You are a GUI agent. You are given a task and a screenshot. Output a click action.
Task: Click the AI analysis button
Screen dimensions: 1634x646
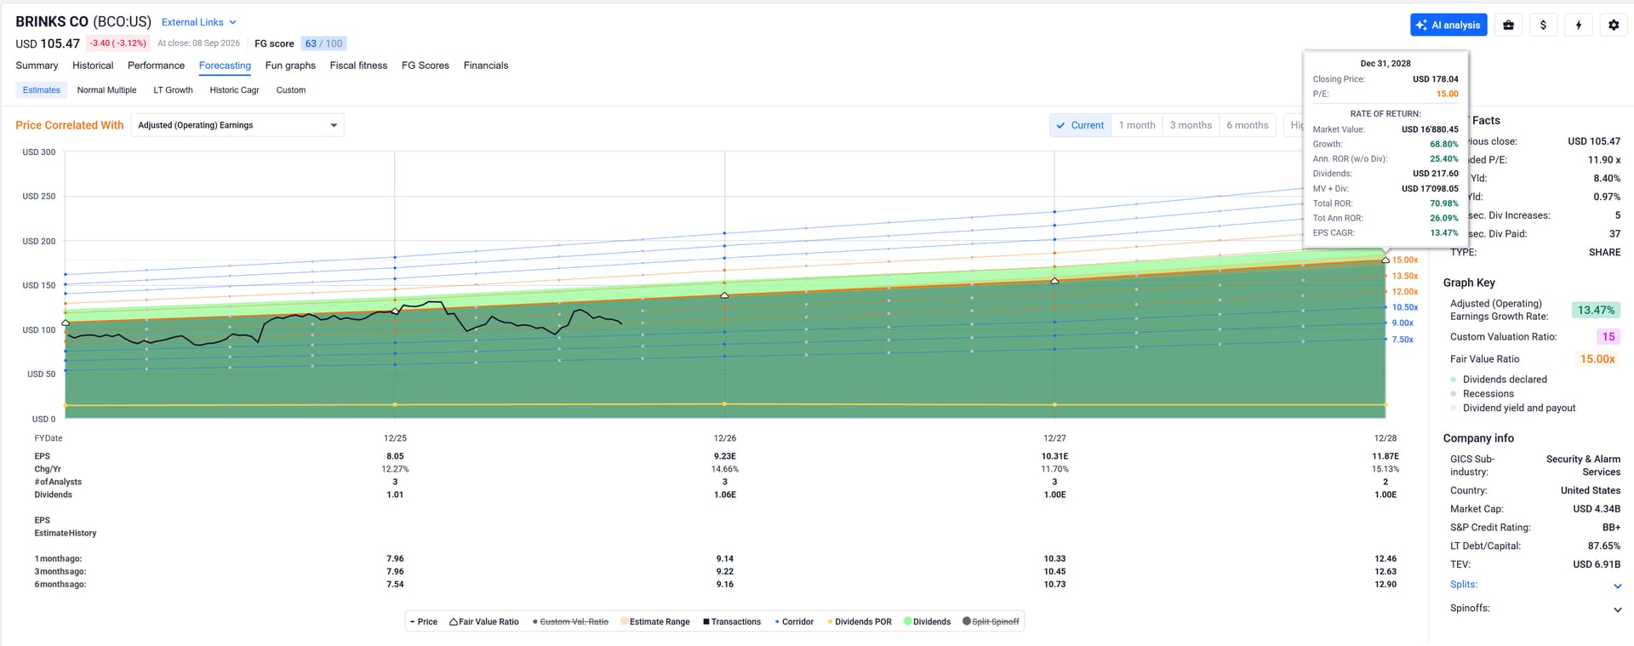(x=1448, y=25)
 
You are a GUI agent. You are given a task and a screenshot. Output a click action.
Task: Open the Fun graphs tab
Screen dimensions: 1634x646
(x=290, y=66)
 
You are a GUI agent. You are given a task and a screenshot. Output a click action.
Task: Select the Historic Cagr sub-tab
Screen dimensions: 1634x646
(x=234, y=90)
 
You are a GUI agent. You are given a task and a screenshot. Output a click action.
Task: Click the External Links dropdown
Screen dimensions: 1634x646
(x=199, y=22)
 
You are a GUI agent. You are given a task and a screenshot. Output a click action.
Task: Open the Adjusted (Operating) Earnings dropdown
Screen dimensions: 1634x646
(x=237, y=125)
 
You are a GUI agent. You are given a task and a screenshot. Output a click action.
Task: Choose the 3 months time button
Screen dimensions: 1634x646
(x=1191, y=125)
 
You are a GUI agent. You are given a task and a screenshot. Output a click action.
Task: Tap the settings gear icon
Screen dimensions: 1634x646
(x=1614, y=25)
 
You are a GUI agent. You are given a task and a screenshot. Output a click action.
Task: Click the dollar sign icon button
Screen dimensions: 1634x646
(x=1543, y=25)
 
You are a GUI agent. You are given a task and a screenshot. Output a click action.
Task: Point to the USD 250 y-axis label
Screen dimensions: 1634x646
(x=38, y=197)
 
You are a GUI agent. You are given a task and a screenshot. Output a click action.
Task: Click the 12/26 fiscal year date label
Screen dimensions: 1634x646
(x=725, y=438)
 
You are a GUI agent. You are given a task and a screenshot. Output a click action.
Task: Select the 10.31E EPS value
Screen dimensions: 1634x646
(x=1054, y=456)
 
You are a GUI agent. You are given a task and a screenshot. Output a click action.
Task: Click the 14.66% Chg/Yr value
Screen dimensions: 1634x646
(x=725, y=469)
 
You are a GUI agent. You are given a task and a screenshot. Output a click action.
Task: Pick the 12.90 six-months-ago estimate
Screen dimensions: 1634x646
(x=1385, y=585)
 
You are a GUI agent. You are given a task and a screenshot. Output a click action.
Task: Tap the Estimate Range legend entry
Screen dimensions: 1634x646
(x=654, y=622)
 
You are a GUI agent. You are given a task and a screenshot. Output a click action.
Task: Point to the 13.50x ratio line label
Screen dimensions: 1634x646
(x=1405, y=276)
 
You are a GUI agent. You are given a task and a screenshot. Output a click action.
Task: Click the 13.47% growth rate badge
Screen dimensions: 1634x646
(x=1596, y=311)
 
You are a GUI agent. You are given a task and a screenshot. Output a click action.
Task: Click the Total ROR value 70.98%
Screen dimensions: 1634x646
(x=1444, y=203)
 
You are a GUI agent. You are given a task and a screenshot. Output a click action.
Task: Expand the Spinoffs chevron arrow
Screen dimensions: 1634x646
(x=1617, y=609)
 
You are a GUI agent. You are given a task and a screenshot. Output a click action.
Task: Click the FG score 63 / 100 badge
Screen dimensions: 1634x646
(x=323, y=43)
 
